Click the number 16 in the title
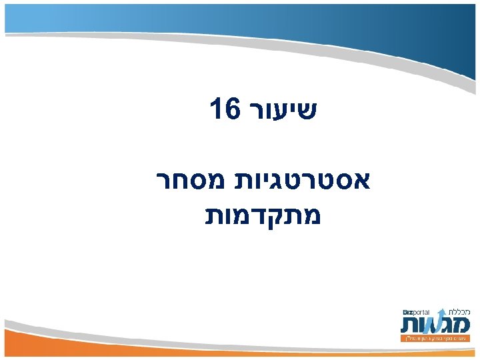[224, 109]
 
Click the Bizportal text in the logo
[417, 311]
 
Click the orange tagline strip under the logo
[437, 339]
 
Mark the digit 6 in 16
[231, 109]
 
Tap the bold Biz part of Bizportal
[408, 311]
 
